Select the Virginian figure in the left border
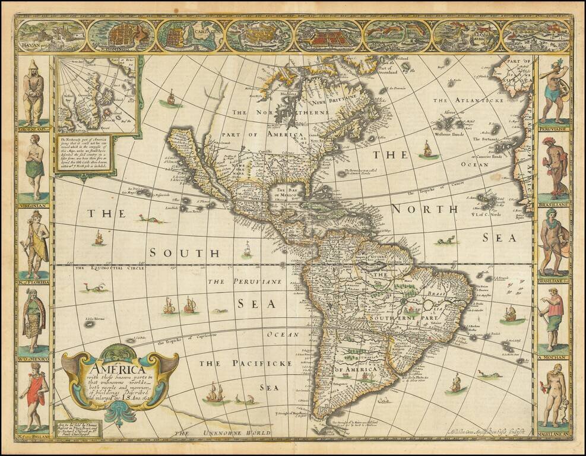click(x=34, y=166)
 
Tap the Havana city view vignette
click(x=51, y=36)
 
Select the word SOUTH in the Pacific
click(x=172, y=252)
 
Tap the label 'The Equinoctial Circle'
click(x=109, y=268)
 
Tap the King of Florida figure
click(x=34, y=244)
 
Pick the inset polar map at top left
click(x=97, y=95)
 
